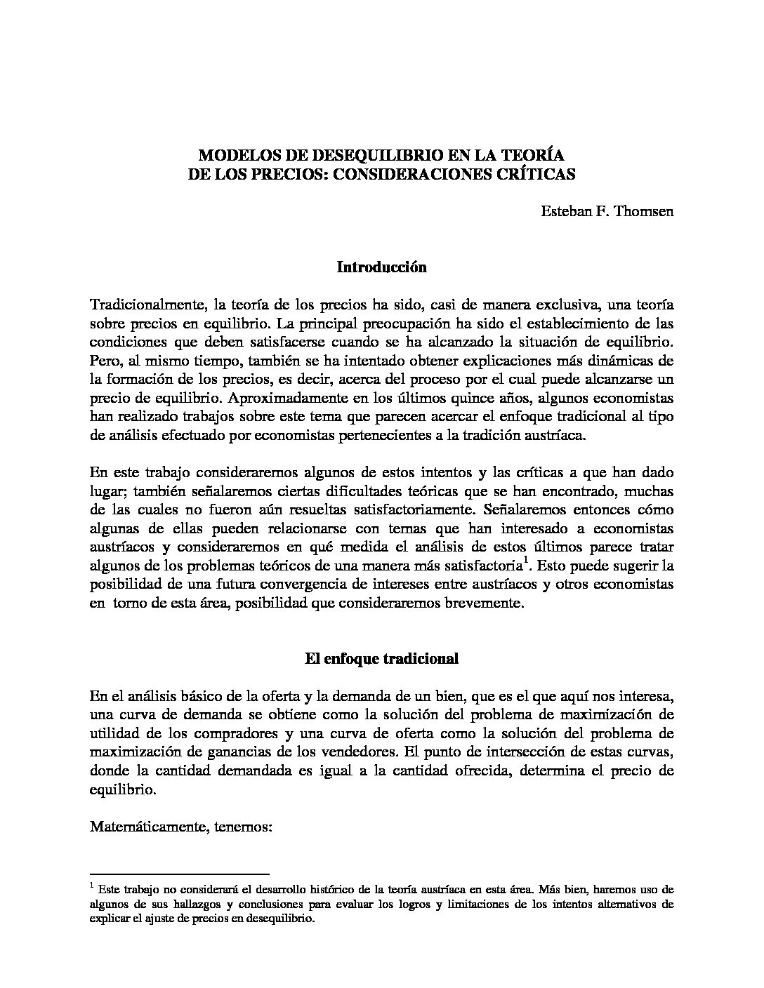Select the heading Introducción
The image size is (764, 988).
[x=381, y=267]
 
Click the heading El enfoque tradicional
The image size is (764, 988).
[x=381, y=659]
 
